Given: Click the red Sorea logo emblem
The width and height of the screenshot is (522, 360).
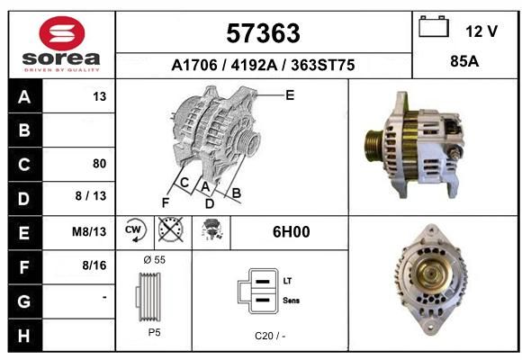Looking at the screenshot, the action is point(62,33).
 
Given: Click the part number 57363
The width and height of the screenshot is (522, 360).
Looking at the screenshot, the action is point(263,33).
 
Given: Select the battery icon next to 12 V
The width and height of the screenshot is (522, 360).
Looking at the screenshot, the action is point(434,26).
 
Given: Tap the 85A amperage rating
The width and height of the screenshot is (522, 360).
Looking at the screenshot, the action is point(464,61).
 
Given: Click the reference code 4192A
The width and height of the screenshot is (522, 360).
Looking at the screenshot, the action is point(254,65).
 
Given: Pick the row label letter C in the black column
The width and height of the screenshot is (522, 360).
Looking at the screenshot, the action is point(24,164).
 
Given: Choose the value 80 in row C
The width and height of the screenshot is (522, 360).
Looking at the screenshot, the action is point(100,164).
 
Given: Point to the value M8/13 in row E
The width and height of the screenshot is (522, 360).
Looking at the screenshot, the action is point(89,231).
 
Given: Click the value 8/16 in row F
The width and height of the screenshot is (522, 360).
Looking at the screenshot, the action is point(94,265).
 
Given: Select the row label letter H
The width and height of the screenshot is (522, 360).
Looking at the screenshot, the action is point(24,336).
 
